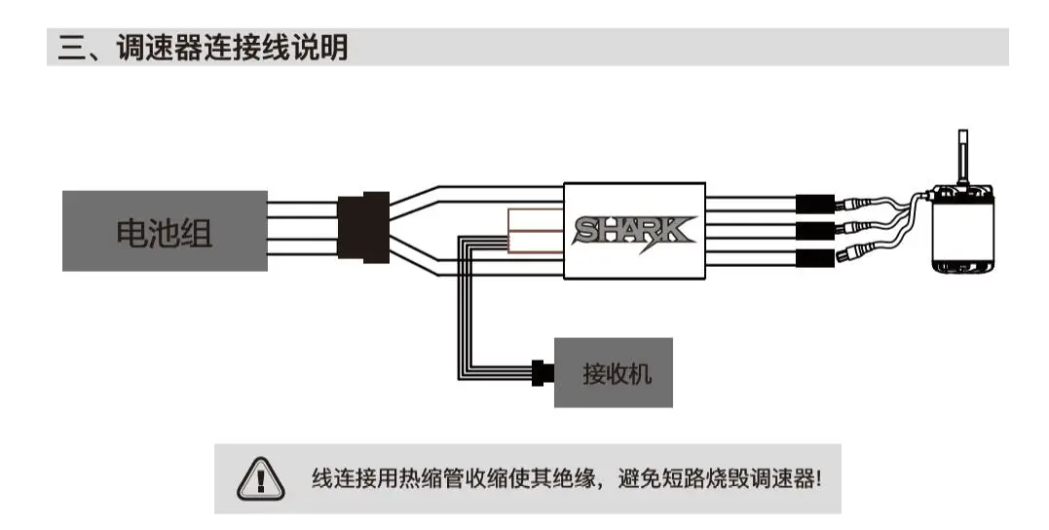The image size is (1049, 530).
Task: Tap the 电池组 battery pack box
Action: pos(165,231)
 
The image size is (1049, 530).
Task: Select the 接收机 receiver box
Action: pos(613,372)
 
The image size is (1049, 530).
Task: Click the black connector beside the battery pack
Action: pos(363,230)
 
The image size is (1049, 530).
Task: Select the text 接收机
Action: pos(613,373)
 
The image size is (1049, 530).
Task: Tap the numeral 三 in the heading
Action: pos(71,48)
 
